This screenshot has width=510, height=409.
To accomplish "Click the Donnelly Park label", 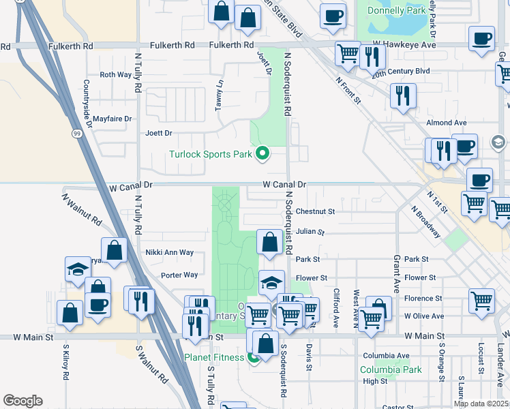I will point(396,11).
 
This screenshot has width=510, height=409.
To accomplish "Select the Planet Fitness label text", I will point(213,357).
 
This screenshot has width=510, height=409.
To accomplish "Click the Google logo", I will point(22,401).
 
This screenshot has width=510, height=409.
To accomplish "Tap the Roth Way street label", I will point(115,75).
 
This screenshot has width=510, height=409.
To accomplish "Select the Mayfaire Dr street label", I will point(112,119).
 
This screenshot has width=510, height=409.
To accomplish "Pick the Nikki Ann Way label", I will point(170,252).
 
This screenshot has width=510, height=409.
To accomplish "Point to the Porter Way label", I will point(179,275).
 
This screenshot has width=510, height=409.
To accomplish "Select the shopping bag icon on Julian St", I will point(270,242).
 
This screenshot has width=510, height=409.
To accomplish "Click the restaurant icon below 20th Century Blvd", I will point(403,96).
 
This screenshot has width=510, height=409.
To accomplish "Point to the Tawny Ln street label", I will point(220,89).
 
